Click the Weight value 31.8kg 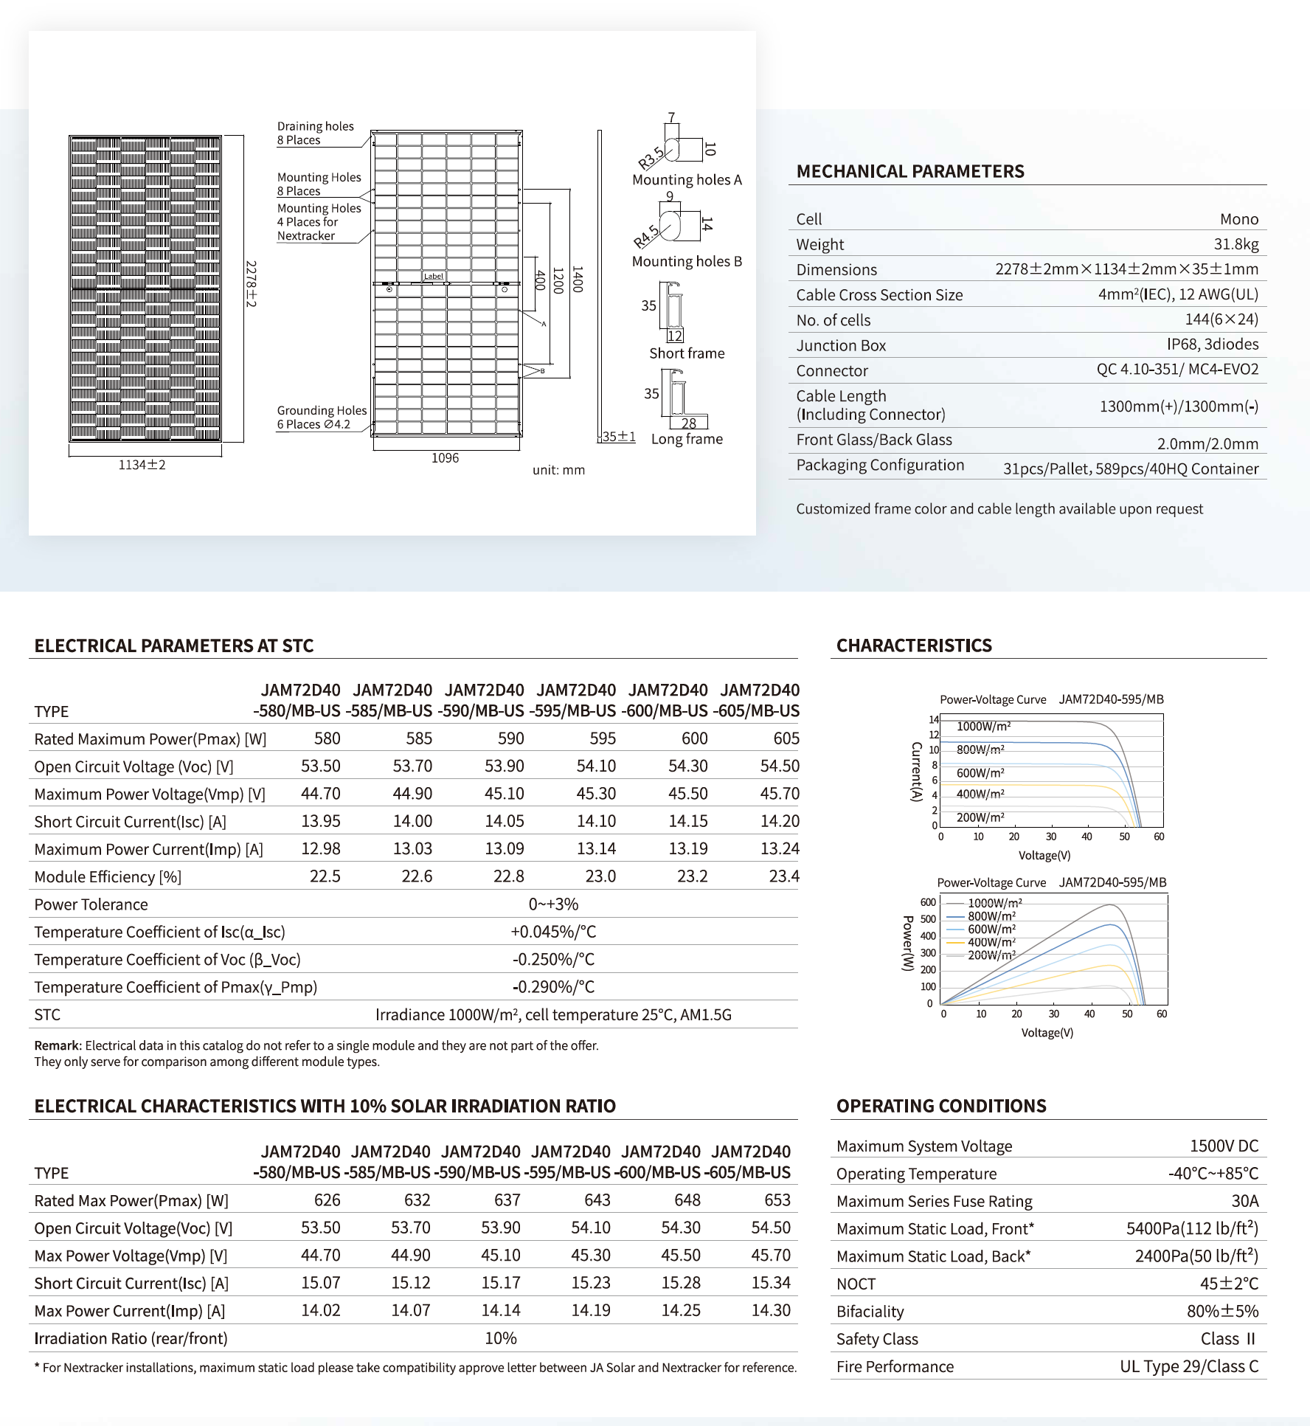1236,244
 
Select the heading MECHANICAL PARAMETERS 909,172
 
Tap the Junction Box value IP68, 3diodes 1212,345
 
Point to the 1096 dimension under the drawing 445,458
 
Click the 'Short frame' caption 687,353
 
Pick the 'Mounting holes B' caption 687,262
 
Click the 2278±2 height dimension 251,284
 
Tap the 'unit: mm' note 558,471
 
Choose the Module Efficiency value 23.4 783,876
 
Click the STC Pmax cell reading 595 602,738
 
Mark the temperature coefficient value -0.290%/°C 553,987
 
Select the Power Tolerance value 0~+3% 553,904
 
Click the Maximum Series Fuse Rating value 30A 1244,1201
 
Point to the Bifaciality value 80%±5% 1222,1311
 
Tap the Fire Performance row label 895,1367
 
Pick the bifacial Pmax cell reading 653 777,1200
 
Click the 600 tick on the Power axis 927,902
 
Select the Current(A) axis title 916,772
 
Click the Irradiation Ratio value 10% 500,1338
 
